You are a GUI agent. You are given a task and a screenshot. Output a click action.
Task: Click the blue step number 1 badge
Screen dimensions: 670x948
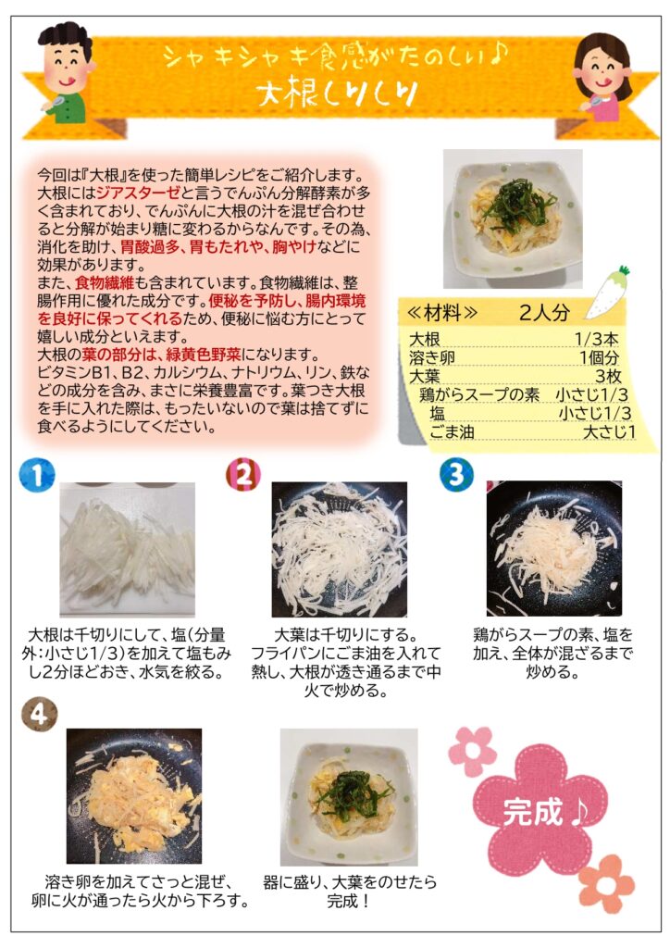(x=37, y=475)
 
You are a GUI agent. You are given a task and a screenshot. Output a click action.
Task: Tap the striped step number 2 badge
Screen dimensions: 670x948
(x=243, y=474)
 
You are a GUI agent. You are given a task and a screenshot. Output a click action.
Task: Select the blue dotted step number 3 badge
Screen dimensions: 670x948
(x=457, y=474)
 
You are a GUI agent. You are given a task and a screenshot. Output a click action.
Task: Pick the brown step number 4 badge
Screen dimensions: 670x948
(x=39, y=715)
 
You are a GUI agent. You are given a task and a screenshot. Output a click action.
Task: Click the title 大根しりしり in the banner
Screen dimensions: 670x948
(x=337, y=94)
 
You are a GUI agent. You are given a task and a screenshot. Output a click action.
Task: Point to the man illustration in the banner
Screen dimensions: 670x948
(x=67, y=72)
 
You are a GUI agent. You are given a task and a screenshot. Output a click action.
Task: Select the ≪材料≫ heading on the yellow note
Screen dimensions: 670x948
(x=442, y=313)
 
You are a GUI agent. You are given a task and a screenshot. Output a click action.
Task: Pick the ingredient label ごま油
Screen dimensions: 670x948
(x=452, y=432)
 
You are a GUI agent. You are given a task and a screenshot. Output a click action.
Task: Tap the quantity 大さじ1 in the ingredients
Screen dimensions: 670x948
(x=609, y=432)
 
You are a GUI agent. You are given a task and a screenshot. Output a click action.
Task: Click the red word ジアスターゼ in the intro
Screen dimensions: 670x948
(x=139, y=193)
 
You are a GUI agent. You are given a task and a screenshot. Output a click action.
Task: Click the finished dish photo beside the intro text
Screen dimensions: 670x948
(x=513, y=218)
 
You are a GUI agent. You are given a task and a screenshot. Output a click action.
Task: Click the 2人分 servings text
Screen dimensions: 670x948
(x=544, y=313)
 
